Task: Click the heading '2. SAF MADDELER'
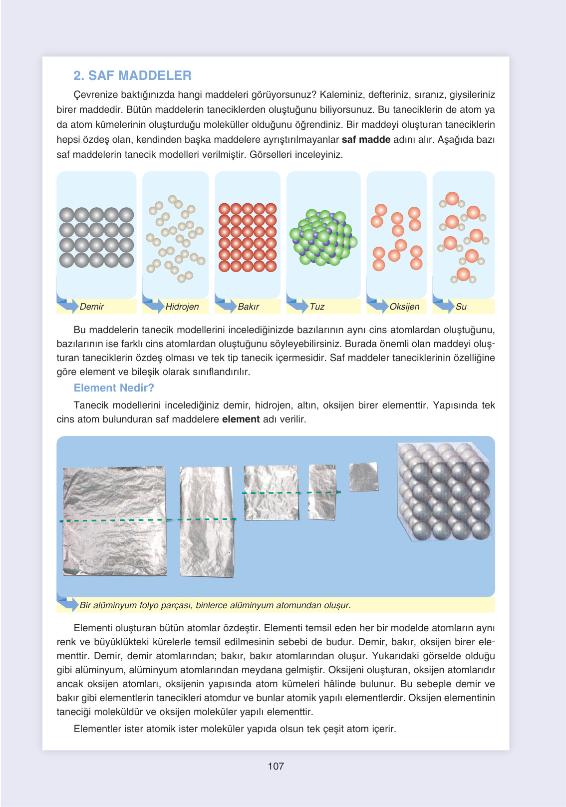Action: click(x=132, y=75)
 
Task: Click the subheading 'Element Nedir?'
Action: click(x=114, y=388)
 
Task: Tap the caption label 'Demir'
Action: click(x=92, y=307)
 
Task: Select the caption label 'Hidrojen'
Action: click(x=182, y=307)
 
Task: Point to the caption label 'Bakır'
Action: click(x=248, y=307)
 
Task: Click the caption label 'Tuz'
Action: click(x=317, y=307)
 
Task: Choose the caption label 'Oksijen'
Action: click(x=404, y=307)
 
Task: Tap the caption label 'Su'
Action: click(x=461, y=307)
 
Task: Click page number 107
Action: click(x=276, y=766)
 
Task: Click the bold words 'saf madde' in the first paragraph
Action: click(x=366, y=140)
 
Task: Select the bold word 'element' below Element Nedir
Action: click(x=241, y=419)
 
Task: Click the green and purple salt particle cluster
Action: click(x=323, y=237)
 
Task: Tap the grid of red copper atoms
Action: click(x=248, y=237)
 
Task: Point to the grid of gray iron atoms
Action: click(x=96, y=237)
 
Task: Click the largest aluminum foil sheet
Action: click(x=114, y=521)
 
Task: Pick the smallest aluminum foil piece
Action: click(x=363, y=477)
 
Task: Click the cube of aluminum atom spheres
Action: click(x=443, y=491)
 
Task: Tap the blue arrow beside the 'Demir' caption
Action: click(x=68, y=305)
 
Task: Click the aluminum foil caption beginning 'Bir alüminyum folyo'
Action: click(x=215, y=605)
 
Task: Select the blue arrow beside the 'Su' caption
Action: click(x=444, y=305)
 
